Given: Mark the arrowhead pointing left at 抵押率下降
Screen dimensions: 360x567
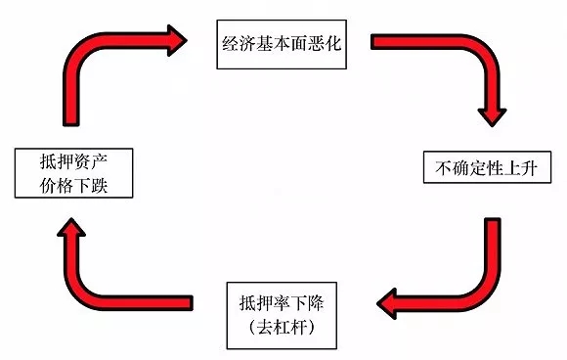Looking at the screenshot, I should [391, 303].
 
